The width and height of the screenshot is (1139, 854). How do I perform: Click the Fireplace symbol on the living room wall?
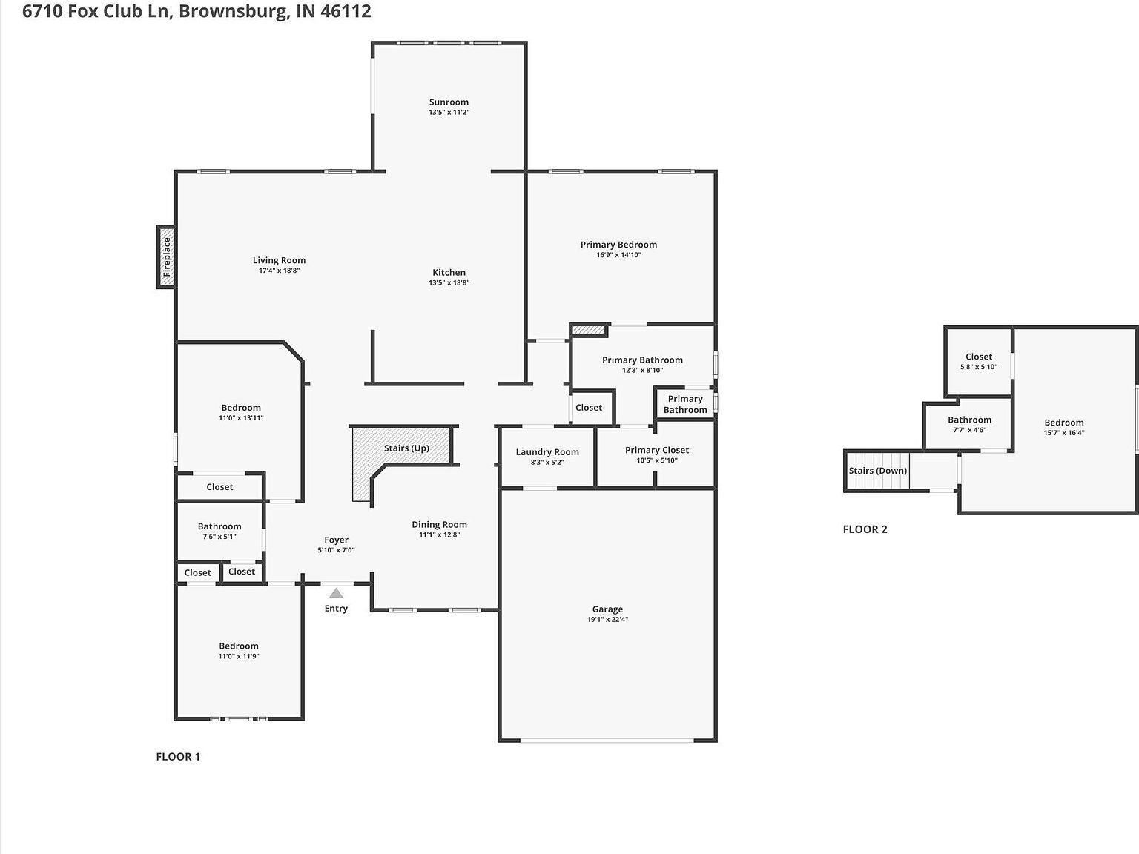coord(166,256)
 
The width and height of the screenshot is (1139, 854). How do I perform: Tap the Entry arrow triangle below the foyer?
coord(336,593)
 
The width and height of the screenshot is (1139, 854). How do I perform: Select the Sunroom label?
coord(449,102)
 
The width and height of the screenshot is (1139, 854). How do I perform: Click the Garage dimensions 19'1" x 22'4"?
coord(607,620)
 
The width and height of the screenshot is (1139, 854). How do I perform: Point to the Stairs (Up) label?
coord(406,448)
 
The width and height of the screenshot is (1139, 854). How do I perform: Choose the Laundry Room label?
coord(547,452)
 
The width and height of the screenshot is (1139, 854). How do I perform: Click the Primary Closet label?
coord(656,450)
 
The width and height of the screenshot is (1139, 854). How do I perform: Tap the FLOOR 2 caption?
coord(865,529)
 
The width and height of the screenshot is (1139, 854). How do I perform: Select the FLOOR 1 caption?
coord(178,757)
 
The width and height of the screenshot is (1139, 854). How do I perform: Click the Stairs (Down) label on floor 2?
coord(877,471)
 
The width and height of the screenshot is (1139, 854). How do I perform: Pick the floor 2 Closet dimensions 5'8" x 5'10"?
coord(979,367)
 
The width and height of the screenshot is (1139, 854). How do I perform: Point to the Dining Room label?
coord(439,525)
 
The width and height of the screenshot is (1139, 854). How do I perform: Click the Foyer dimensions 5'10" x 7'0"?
coord(336,550)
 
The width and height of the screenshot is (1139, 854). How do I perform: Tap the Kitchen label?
coord(449,273)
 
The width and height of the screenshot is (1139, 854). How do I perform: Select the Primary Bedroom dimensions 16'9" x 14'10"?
coord(618,255)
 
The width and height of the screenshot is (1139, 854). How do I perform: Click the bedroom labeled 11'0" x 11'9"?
coord(239,646)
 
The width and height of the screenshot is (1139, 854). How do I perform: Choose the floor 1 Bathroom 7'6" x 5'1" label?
coord(219,526)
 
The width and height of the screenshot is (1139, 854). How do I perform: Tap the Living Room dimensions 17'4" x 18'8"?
coord(279,271)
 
